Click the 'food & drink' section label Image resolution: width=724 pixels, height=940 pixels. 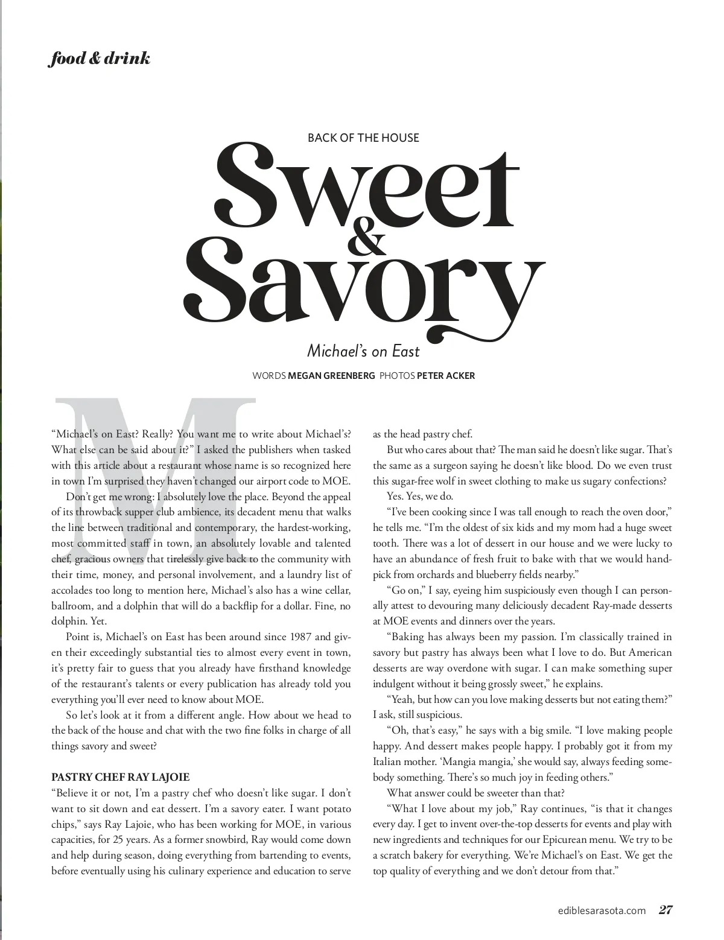pyautogui.click(x=99, y=59)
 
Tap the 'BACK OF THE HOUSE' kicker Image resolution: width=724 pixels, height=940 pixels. pyautogui.click(x=363, y=138)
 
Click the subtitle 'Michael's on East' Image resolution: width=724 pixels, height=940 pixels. pyautogui.click(x=363, y=350)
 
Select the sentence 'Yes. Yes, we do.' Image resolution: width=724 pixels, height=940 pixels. pyautogui.click(x=420, y=496)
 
